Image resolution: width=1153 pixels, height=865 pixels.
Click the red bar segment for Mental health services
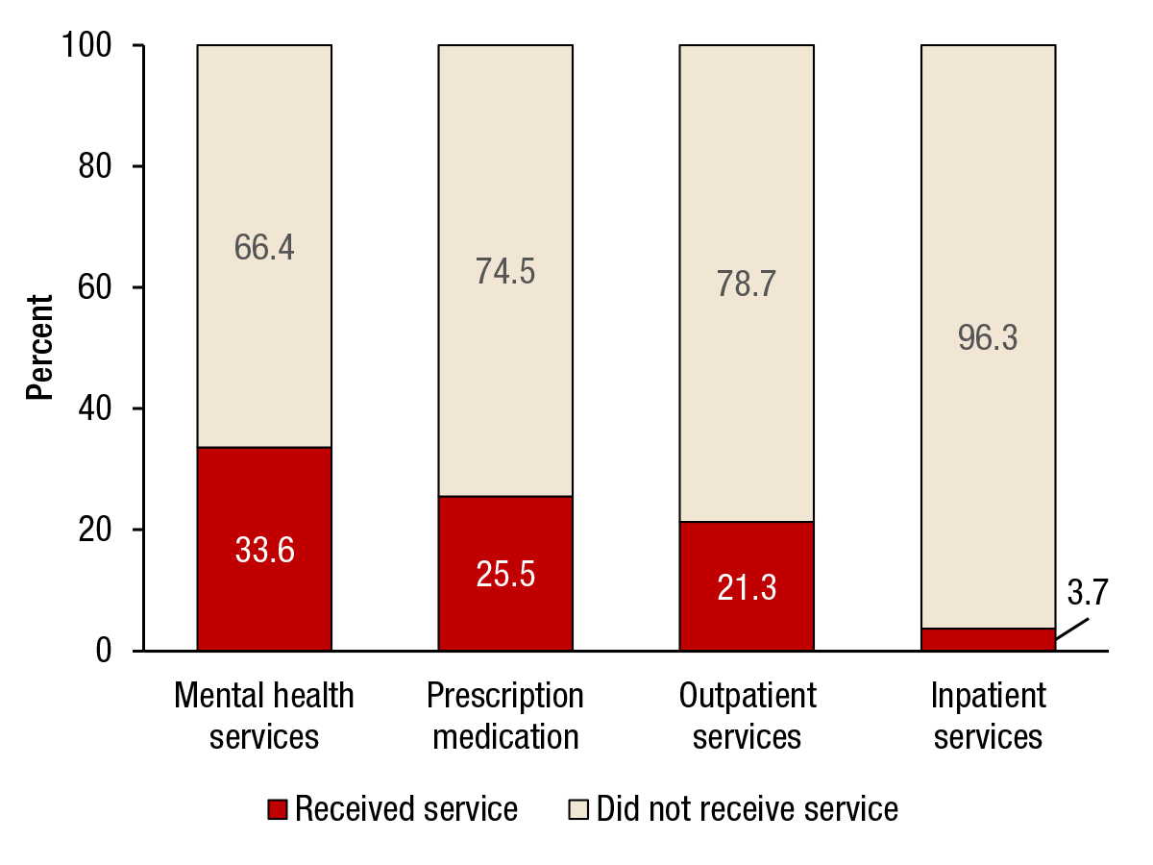pyautogui.click(x=264, y=549)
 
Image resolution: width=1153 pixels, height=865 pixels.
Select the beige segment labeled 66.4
pyautogui.click(x=264, y=246)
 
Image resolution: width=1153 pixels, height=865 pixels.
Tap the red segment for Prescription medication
pyautogui.click(x=505, y=573)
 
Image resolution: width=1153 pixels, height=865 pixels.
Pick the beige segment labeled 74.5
pyautogui.click(x=505, y=271)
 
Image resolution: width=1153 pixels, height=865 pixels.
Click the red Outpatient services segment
pyautogui.click(x=747, y=586)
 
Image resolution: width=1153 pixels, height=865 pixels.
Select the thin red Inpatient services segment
pyautogui.click(x=988, y=640)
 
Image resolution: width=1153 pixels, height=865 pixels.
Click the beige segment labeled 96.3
pyautogui.click(x=988, y=337)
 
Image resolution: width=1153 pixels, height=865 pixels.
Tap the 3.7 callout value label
pyautogui.click(x=1088, y=592)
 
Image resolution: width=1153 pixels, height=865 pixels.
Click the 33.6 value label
pyautogui.click(x=264, y=550)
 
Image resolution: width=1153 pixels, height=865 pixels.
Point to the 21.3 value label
pyautogui.click(x=747, y=587)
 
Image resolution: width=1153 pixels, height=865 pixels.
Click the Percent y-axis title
pyautogui.click(x=39, y=348)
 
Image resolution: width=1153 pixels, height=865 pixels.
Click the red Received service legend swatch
pyautogui.click(x=277, y=809)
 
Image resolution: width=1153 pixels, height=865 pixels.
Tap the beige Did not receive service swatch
pyautogui.click(x=578, y=809)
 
